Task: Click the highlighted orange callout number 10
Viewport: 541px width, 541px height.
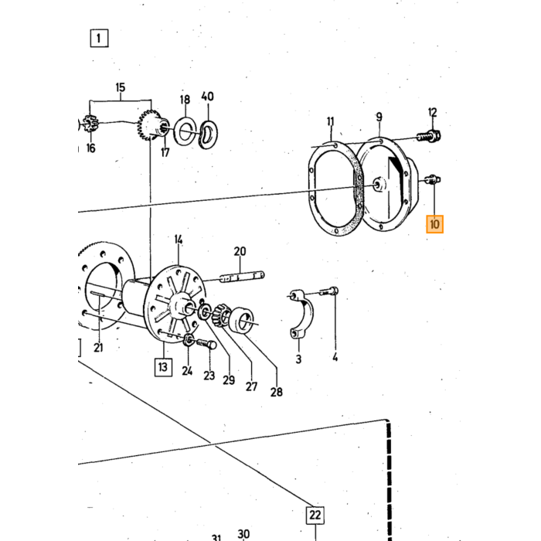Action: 434,224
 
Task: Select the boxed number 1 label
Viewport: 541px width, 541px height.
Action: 99,38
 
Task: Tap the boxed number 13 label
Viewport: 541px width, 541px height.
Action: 163,367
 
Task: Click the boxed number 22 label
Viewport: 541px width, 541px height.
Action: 315,515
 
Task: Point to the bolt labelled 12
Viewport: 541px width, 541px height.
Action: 428,136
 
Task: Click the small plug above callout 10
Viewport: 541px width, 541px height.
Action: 432,179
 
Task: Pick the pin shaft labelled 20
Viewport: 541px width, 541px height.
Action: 242,277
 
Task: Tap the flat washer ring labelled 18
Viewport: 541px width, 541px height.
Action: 185,131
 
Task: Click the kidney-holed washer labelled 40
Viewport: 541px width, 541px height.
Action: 208,134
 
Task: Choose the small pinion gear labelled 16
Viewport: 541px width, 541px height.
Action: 90,124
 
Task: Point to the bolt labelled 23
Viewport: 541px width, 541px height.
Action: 206,344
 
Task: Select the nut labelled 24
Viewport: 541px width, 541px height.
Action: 189,340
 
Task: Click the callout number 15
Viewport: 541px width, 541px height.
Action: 121,87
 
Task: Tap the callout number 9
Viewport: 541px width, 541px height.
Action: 379,117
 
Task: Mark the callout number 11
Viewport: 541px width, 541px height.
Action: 331,121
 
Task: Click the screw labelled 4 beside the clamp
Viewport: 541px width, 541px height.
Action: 328,292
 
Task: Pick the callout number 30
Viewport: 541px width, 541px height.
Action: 243,535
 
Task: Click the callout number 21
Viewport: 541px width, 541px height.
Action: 98,348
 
